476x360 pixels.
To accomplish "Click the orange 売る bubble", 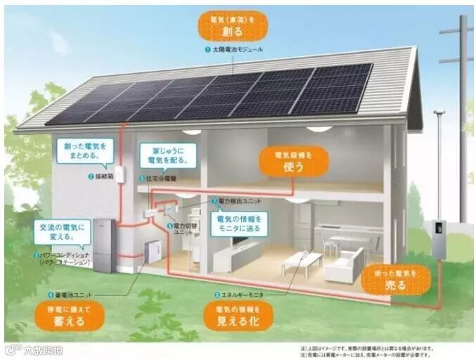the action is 395,279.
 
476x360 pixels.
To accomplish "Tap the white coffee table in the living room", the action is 302,261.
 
